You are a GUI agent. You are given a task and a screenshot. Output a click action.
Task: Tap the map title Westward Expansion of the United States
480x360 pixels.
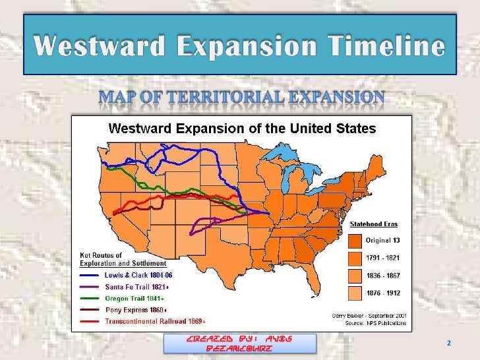242,128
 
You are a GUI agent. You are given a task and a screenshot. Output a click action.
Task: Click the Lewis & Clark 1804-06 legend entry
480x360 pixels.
138,274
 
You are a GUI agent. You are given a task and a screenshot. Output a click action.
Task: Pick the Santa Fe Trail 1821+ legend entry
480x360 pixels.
137,287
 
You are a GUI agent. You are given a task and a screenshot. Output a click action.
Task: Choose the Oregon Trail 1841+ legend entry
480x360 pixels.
135,299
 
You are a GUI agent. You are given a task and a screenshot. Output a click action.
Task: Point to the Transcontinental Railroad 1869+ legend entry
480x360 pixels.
156,321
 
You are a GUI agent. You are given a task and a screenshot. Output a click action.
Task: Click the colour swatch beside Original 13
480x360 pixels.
355,240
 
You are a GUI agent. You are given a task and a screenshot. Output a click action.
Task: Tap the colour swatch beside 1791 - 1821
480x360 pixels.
355,258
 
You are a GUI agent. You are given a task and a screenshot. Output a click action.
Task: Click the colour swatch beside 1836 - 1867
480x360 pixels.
355,276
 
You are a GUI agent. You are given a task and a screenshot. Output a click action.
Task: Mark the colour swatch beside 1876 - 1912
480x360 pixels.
355,293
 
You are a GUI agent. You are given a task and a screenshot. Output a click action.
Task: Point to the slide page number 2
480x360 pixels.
449,344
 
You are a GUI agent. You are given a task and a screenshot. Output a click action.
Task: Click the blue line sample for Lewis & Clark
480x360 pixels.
91,274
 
